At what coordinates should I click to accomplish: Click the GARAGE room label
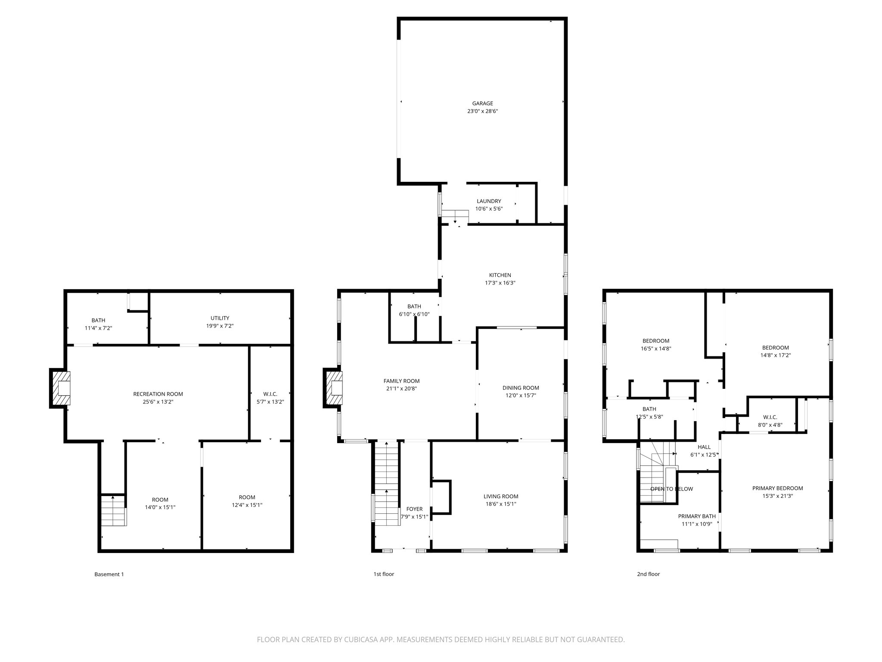(x=482, y=103)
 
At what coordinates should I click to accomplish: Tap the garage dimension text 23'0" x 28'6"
(x=482, y=111)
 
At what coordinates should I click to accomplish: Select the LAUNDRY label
(x=489, y=201)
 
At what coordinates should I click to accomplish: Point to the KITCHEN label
(x=500, y=275)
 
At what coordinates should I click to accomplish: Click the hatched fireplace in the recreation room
(x=60, y=388)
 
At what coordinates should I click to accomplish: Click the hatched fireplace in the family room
(x=334, y=388)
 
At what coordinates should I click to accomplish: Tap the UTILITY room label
(x=220, y=319)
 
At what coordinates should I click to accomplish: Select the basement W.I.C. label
(x=270, y=394)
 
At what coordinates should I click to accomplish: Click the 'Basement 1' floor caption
(x=109, y=574)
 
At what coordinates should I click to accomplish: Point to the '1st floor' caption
(x=383, y=574)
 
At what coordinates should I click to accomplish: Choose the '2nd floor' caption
(x=648, y=574)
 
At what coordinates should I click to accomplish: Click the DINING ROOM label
(x=521, y=388)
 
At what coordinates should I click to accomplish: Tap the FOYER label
(x=414, y=509)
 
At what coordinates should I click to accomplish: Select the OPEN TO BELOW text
(x=671, y=489)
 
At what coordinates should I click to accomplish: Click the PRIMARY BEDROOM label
(x=777, y=488)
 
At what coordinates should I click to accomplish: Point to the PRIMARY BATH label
(x=697, y=516)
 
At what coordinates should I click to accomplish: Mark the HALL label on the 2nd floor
(x=704, y=447)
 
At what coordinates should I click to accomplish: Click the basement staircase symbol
(x=114, y=511)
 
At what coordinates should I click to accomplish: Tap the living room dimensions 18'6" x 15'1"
(x=500, y=504)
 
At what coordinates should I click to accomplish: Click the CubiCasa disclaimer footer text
(x=441, y=640)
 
